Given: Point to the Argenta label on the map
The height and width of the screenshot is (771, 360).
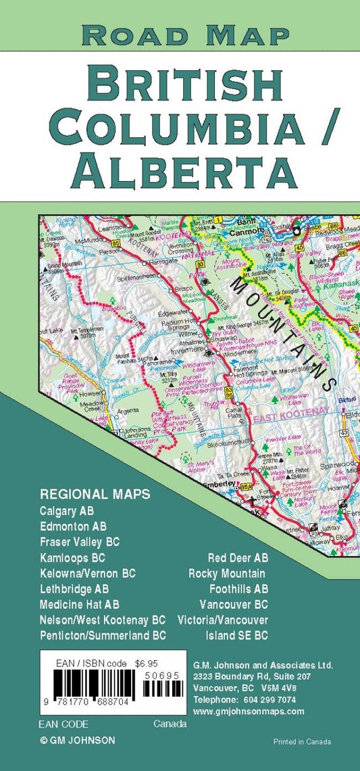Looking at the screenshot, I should (128, 410).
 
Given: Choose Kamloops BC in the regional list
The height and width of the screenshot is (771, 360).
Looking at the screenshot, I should (72, 558).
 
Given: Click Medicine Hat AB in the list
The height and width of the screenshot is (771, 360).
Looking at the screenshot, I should (80, 604).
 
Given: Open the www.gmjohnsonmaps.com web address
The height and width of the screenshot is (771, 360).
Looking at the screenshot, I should (249, 711).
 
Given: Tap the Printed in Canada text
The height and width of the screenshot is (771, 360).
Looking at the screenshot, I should (302, 741).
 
